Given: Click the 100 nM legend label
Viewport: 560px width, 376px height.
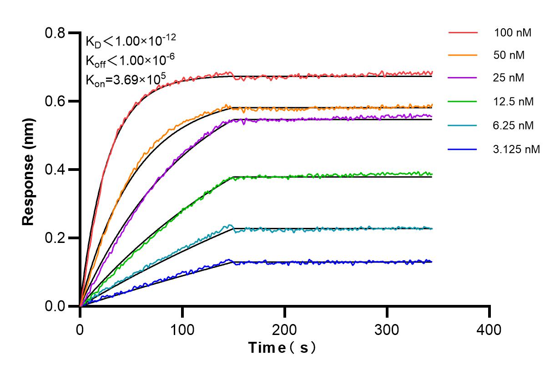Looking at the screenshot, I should (512, 33).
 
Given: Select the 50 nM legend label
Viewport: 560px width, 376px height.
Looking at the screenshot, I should (509, 55).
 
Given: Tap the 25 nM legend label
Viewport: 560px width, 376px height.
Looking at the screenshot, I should (509, 78).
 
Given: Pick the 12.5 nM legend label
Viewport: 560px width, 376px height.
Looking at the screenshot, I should (513, 102).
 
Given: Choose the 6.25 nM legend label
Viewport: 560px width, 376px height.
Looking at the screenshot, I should (513, 125).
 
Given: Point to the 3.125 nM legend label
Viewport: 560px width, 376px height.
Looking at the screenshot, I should (516, 149).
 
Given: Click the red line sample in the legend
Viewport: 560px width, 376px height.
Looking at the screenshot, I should (463, 33).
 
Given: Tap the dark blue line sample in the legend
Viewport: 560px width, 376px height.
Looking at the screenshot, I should (463, 149).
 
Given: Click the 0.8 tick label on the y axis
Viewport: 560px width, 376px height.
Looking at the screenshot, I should (55, 33).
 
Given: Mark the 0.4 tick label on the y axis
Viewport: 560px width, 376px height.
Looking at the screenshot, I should (55, 170).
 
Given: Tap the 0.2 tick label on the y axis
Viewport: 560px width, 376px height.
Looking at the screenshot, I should (55, 238).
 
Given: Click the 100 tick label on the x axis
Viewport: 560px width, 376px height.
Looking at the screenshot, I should (182, 329).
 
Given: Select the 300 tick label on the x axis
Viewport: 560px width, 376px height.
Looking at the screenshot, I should (387, 329).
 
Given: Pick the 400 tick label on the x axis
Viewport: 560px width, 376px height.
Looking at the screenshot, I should (489, 329).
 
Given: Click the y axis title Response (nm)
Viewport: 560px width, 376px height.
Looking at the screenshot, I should (28, 170).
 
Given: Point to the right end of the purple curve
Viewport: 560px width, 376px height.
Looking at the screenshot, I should (431, 116).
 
